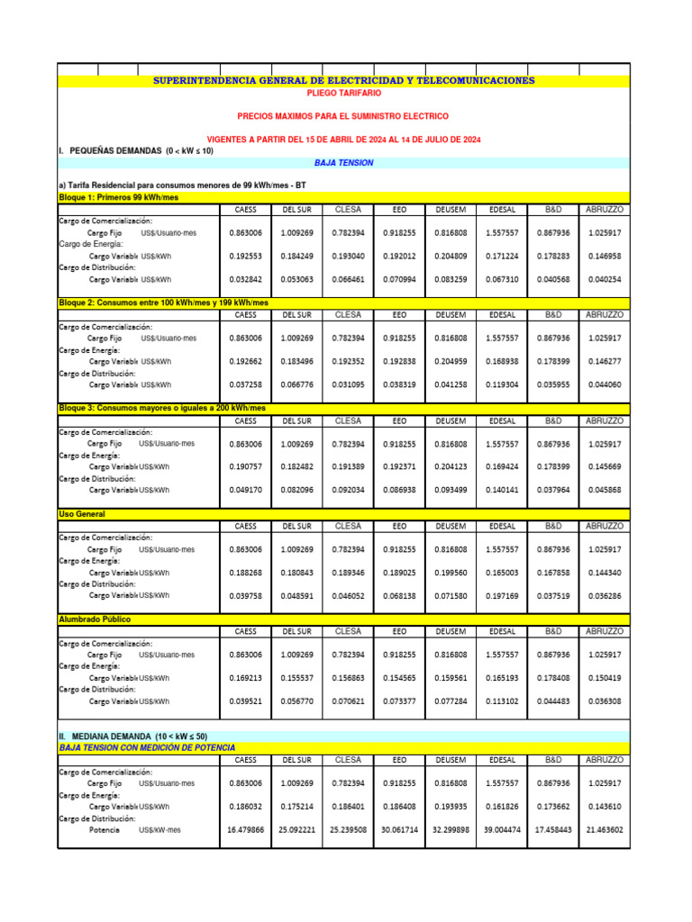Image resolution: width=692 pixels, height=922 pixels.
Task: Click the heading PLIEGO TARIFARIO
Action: (343, 93)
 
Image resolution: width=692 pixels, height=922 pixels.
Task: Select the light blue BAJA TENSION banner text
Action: (343, 163)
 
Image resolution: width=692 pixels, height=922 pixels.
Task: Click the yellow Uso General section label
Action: (82, 513)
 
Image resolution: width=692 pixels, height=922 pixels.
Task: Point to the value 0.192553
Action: (245, 256)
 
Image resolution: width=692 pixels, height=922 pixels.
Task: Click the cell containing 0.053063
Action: (296, 279)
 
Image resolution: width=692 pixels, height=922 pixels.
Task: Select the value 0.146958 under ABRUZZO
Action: (605, 256)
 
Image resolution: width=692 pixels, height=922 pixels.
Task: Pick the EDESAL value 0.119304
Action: (502, 384)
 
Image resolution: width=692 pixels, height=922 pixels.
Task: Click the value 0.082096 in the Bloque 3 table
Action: (296, 490)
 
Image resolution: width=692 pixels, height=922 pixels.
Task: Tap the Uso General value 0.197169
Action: (502, 595)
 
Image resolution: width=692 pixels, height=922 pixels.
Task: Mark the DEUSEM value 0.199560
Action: (451, 572)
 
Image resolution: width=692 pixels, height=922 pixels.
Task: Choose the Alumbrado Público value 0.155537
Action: (296, 677)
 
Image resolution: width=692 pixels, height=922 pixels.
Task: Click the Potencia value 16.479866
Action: (245, 829)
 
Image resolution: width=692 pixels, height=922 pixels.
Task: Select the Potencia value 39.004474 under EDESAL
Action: (502, 829)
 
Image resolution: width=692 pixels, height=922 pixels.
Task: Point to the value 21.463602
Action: (605, 829)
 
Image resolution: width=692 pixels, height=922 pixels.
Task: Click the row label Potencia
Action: (105, 829)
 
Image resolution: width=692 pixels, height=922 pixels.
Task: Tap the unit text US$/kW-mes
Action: (160, 829)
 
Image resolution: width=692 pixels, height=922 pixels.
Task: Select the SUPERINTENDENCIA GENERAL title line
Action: (343, 81)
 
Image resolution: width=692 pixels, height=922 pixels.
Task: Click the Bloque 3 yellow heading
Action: (162, 408)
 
